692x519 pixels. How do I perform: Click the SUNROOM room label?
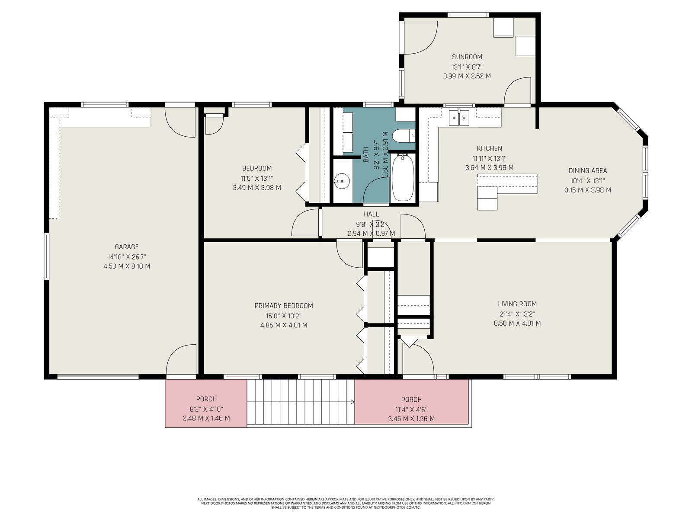467,57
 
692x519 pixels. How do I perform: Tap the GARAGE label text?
127,247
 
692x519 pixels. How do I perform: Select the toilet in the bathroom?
404,136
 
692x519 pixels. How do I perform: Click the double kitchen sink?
459,118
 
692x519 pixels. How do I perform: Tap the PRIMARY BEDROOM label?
284,306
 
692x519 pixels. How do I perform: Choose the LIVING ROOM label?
517,304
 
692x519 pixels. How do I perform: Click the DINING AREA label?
588,170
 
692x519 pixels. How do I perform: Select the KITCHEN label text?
489,148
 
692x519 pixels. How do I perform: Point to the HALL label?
372,214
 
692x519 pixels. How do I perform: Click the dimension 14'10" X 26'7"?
126,257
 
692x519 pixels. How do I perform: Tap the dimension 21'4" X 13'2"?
517,314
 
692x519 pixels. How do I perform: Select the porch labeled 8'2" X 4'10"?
206,404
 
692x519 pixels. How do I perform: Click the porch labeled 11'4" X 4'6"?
411,402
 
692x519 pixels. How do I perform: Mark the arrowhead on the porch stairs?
353,402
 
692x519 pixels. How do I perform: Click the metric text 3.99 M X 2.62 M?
467,76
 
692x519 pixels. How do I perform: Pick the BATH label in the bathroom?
366,155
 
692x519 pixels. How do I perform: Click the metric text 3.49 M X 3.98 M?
257,188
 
